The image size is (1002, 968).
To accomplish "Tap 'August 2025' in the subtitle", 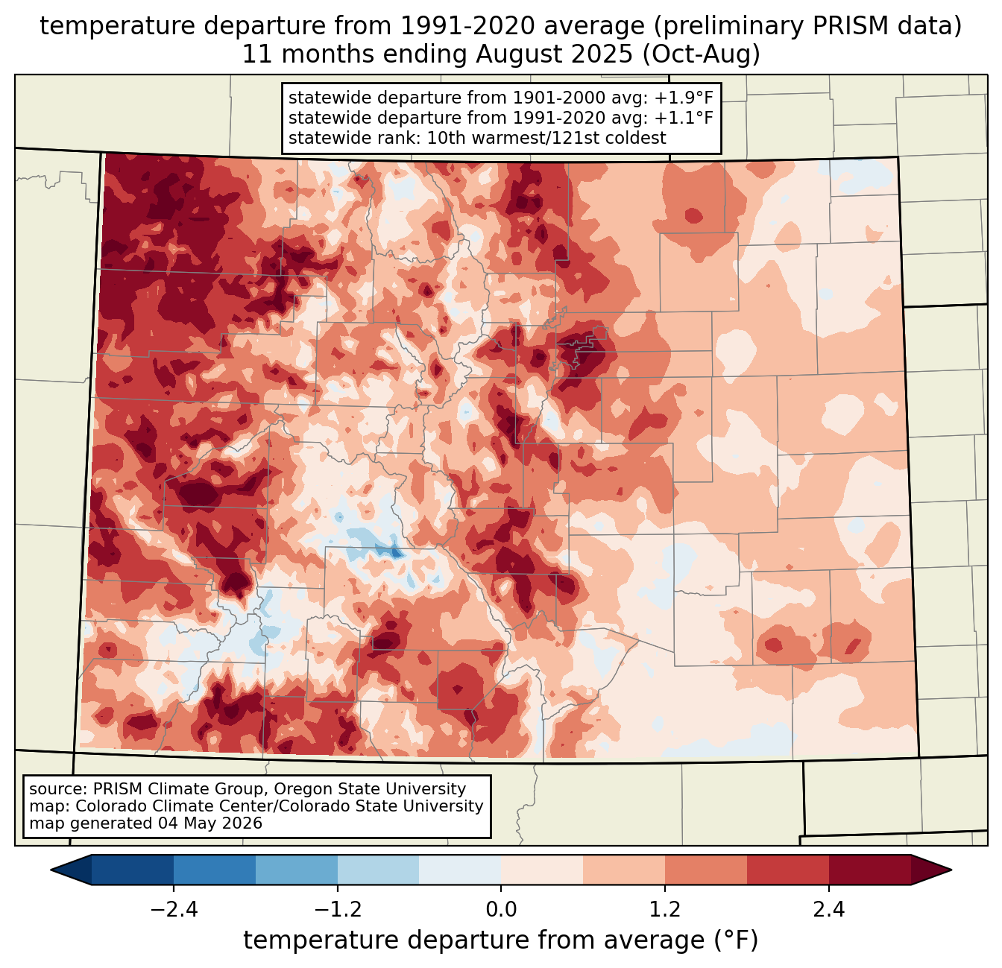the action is (554, 54).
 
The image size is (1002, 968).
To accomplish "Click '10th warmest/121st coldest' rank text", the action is (546, 138).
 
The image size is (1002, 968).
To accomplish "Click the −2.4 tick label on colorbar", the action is (174, 909).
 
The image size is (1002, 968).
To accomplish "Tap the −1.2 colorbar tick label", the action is (338, 909).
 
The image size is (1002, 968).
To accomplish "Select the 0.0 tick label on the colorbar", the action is (501, 909).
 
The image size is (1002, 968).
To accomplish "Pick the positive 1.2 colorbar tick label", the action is (665, 909).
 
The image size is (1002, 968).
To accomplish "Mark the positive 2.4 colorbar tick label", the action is (829, 909).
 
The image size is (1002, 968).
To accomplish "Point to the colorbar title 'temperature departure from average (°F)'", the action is (501, 940).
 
